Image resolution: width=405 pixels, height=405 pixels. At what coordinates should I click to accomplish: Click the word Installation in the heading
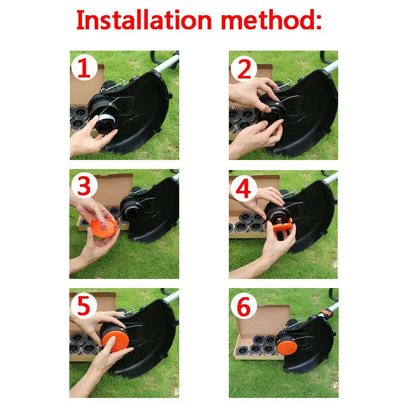(x=144, y=20)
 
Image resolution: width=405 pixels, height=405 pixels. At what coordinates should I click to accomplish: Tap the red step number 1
(x=84, y=68)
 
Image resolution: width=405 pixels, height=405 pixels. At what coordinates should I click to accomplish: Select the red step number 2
(x=244, y=69)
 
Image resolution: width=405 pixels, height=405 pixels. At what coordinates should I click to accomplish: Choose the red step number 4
(x=244, y=188)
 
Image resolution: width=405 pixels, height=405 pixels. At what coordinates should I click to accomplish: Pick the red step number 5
(x=84, y=306)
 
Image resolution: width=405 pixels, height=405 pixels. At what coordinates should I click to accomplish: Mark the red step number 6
(x=244, y=307)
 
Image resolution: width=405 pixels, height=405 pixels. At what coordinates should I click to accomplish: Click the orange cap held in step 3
(x=104, y=227)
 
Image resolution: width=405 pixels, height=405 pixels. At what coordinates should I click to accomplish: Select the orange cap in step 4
(x=282, y=224)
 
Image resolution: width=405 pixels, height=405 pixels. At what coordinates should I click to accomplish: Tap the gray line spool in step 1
(x=108, y=119)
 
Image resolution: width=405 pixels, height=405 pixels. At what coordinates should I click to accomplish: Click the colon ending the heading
(x=319, y=22)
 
